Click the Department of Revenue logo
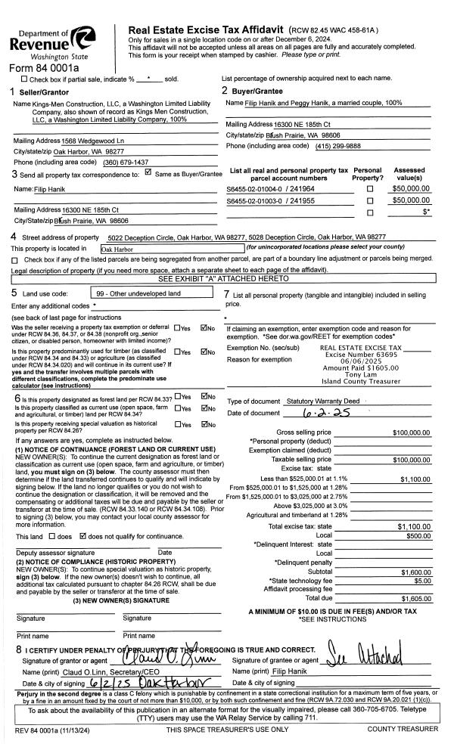click(54, 38)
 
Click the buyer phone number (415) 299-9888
click(336, 146)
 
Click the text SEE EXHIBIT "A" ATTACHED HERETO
click(226, 279)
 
